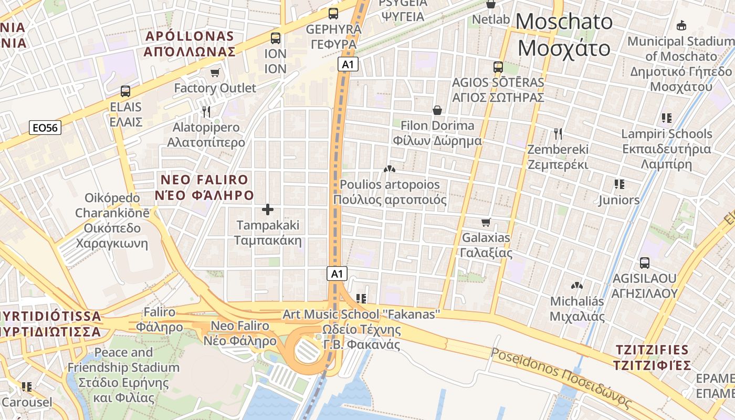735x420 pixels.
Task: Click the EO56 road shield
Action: [x=45, y=128]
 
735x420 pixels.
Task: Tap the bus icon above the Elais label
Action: [x=125, y=91]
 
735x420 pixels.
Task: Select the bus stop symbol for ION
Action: [x=276, y=38]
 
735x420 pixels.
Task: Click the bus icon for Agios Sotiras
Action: [x=498, y=67]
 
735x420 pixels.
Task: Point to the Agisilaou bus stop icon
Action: [x=645, y=263]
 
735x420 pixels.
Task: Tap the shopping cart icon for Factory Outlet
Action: [x=215, y=72]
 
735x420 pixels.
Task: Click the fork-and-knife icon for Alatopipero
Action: [x=206, y=112]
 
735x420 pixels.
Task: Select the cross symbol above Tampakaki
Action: [x=268, y=210]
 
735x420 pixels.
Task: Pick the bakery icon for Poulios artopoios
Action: [x=389, y=169]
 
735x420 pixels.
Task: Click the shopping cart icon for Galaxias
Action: [x=486, y=223]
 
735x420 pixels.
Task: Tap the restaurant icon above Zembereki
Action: [x=558, y=134]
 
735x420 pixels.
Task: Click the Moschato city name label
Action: [x=564, y=35]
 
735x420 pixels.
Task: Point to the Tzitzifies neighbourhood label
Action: [x=653, y=358]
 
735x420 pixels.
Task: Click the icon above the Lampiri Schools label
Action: [x=667, y=118]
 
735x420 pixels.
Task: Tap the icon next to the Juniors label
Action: [x=619, y=184]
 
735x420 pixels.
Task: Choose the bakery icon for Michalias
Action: [x=577, y=286]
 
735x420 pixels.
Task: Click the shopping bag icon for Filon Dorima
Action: [x=437, y=110]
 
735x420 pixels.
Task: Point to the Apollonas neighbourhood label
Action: [x=190, y=44]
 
